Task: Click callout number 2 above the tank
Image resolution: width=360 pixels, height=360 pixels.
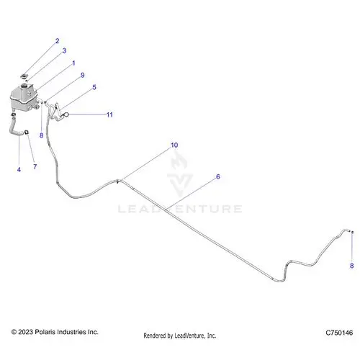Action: [x=57, y=41]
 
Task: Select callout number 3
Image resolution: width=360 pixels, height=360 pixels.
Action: [x=64, y=50]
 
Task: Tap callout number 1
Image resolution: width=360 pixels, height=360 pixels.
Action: [x=73, y=63]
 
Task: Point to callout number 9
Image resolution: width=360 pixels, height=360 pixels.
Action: [x=83, y=75]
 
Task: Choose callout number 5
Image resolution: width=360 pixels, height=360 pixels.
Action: [x=94, y=87]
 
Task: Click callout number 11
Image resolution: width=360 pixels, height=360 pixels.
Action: [x=109, y=114]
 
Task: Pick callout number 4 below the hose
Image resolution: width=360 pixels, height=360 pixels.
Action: [x=19, y=170]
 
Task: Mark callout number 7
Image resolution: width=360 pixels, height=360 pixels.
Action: [x=35, y=166]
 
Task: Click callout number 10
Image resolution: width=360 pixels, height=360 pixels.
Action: [x=174, y=145]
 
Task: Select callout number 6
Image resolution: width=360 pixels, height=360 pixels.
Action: [x=218, y=176]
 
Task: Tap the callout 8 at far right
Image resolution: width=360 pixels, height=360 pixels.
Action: [x=351, y=266]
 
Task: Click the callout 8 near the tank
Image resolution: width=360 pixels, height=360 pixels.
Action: [x=41, y=135]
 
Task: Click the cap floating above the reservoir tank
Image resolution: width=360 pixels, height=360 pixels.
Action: [x=24, y=76]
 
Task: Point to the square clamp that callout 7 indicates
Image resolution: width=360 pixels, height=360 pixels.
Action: [x=27, y=132]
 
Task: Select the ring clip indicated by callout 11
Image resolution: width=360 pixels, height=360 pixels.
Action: [x=66, y=115]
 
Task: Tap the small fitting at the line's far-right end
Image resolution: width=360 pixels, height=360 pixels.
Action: [x=352, y=232]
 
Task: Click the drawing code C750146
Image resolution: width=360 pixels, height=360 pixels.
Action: [x=339, y=333]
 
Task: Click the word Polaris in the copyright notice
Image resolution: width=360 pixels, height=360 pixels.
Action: [x=45, y=332]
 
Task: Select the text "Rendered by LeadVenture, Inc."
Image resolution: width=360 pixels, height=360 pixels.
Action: [x=180, y=336]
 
